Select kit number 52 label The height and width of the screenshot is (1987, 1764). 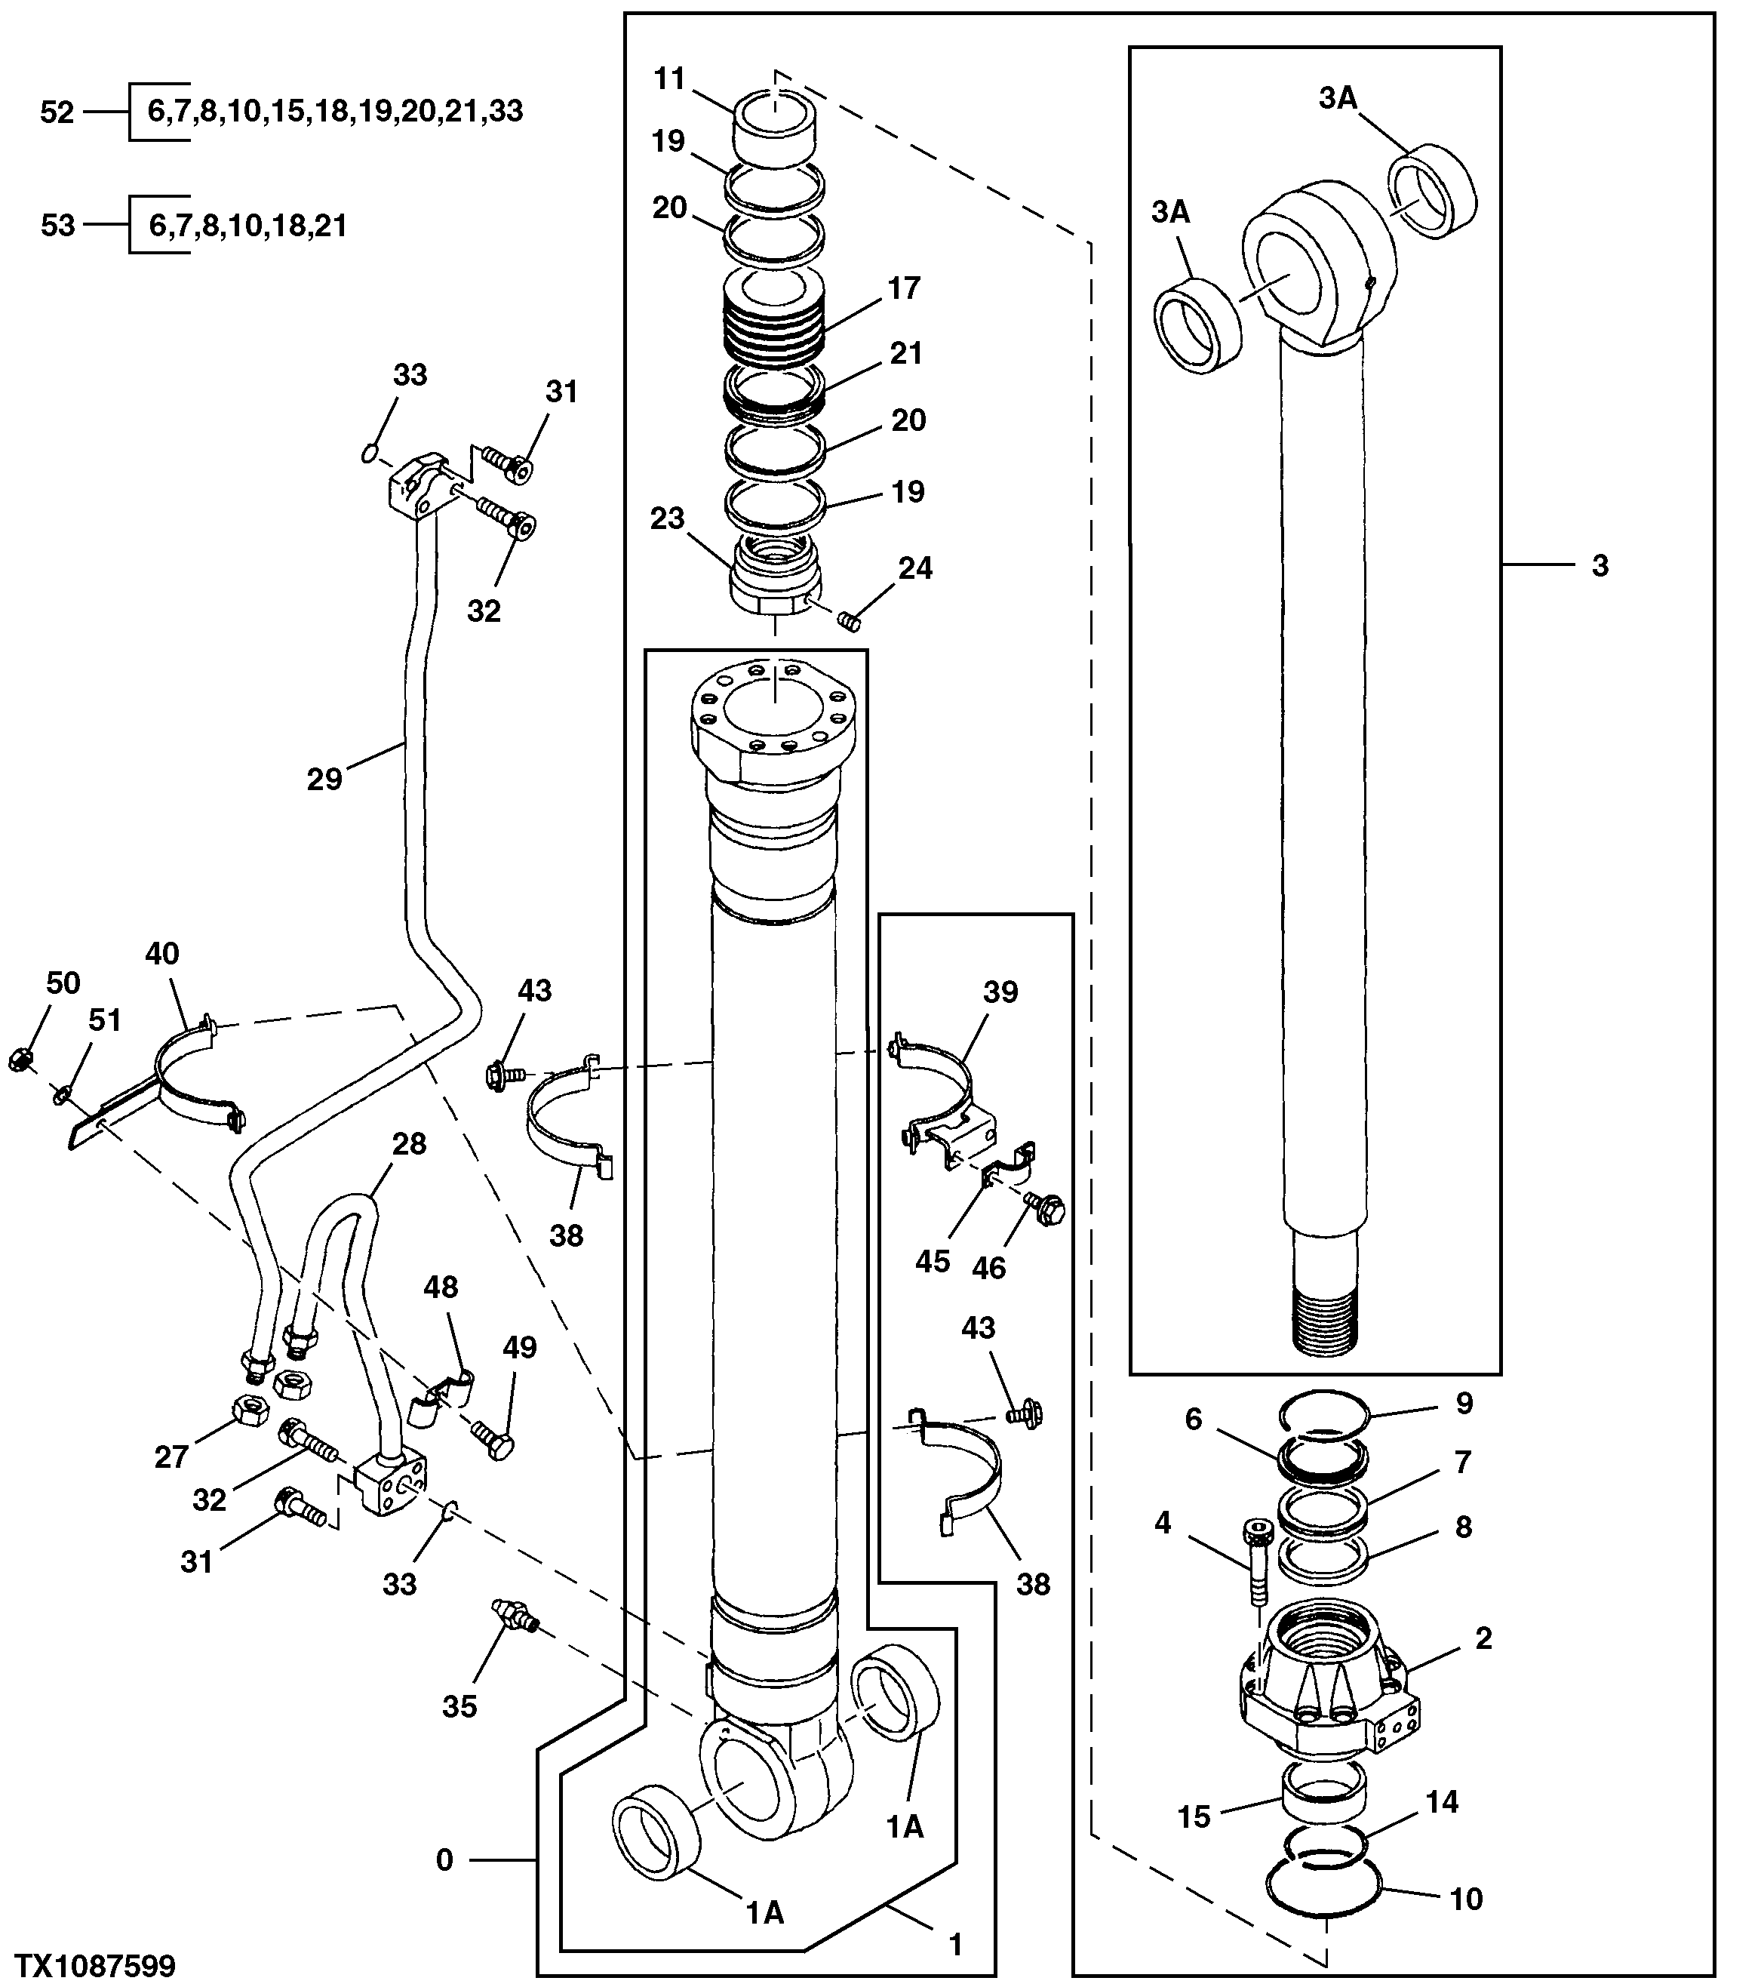[57, 112]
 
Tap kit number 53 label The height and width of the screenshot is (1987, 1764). [57, 226]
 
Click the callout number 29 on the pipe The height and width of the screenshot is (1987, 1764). [324, 779]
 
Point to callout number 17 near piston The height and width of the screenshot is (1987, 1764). [903, 289]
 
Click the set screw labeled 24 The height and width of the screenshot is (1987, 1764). [851, 620]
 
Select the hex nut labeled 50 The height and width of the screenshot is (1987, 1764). [17, 1060]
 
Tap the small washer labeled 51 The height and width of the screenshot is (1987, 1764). [60, 1096]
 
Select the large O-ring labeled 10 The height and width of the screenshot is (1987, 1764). [1323, 1885]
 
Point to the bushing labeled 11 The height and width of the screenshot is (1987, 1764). [775, 126]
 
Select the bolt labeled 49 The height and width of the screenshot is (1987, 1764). [493, 1438]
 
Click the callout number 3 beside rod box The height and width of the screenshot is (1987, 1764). [1600, 566]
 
